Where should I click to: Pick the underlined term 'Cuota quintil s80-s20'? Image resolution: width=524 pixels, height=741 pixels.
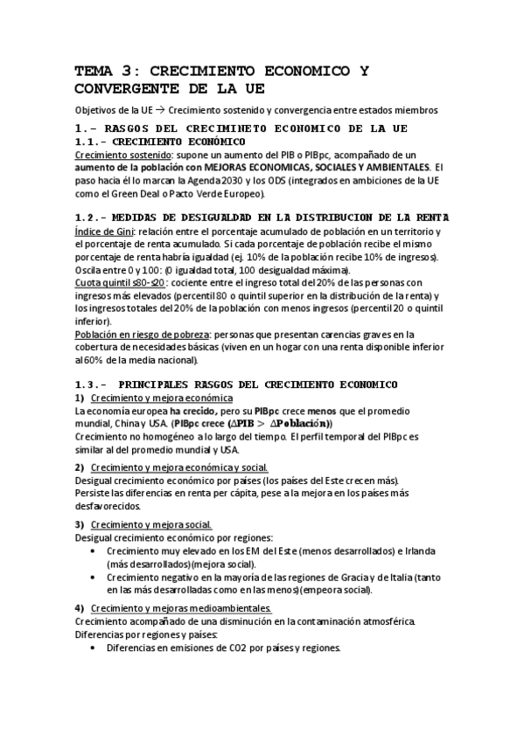tap(122, 282)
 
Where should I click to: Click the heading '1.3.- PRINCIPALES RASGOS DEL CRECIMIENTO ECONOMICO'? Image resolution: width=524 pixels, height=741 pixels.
tap(236, 384)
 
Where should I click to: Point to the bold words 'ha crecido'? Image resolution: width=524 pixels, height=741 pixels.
tap(190, 410)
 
